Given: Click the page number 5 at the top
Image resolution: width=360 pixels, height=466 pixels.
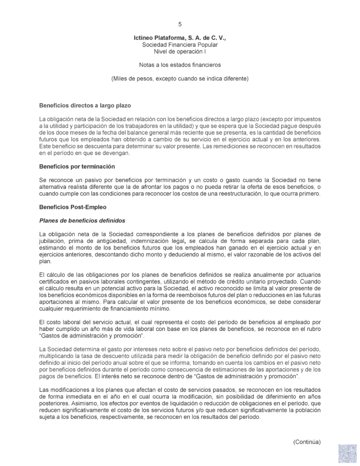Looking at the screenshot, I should (x=180, y=24).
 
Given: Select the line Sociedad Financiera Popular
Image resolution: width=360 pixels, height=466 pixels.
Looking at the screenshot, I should (x=180, y=46).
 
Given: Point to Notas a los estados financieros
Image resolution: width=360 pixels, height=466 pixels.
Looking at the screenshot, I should (x=180, y=65).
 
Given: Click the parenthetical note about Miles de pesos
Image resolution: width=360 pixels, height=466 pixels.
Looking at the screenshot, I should (x=180, y=78).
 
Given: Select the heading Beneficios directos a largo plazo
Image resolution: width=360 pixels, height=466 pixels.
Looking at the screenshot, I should (x=86, y=106).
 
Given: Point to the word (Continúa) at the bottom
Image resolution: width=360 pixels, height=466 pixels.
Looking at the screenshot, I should (x=307, y=442).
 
